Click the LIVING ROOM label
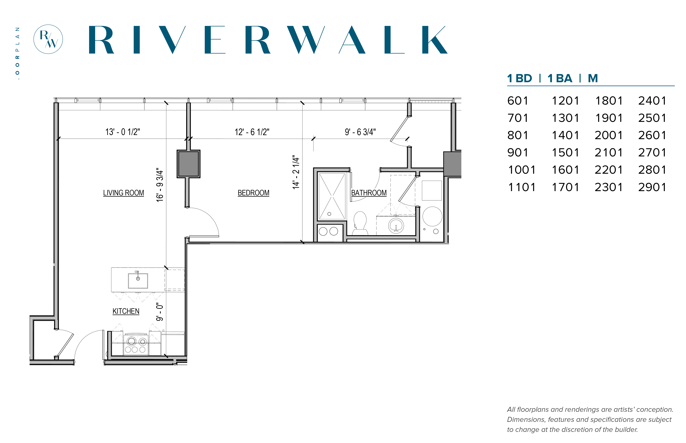click(x=124, y=193)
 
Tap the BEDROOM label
click(x=253, y=193)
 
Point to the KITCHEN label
click(x=126, y=311)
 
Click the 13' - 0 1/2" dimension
click(x=123, y=132)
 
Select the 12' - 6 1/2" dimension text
click(x=252, y=132)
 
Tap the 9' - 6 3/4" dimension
click(x=360, y=132)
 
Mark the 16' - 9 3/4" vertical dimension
click(x=160, y=185)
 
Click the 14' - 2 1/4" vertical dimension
click(x=296, y=172)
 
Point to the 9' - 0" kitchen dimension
click(x=160, y=312)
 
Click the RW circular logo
click(x=48, y=39)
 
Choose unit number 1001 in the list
click(x=522, y=170)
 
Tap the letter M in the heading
click(x=593, y=78)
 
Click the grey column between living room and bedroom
click(x=188, y=164)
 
